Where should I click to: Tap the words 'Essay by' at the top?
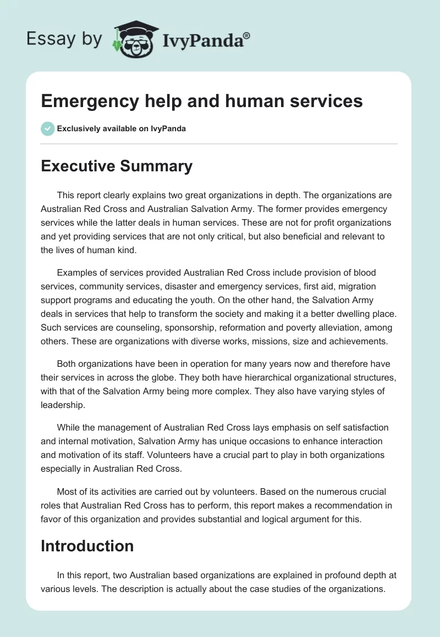point(64,39)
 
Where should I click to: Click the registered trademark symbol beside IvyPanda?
point(248,36)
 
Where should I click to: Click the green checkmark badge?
point(47,128)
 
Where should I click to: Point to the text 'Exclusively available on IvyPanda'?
point(122,129)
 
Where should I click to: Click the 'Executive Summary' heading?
point(117,166)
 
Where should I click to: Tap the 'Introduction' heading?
point(87,546)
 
